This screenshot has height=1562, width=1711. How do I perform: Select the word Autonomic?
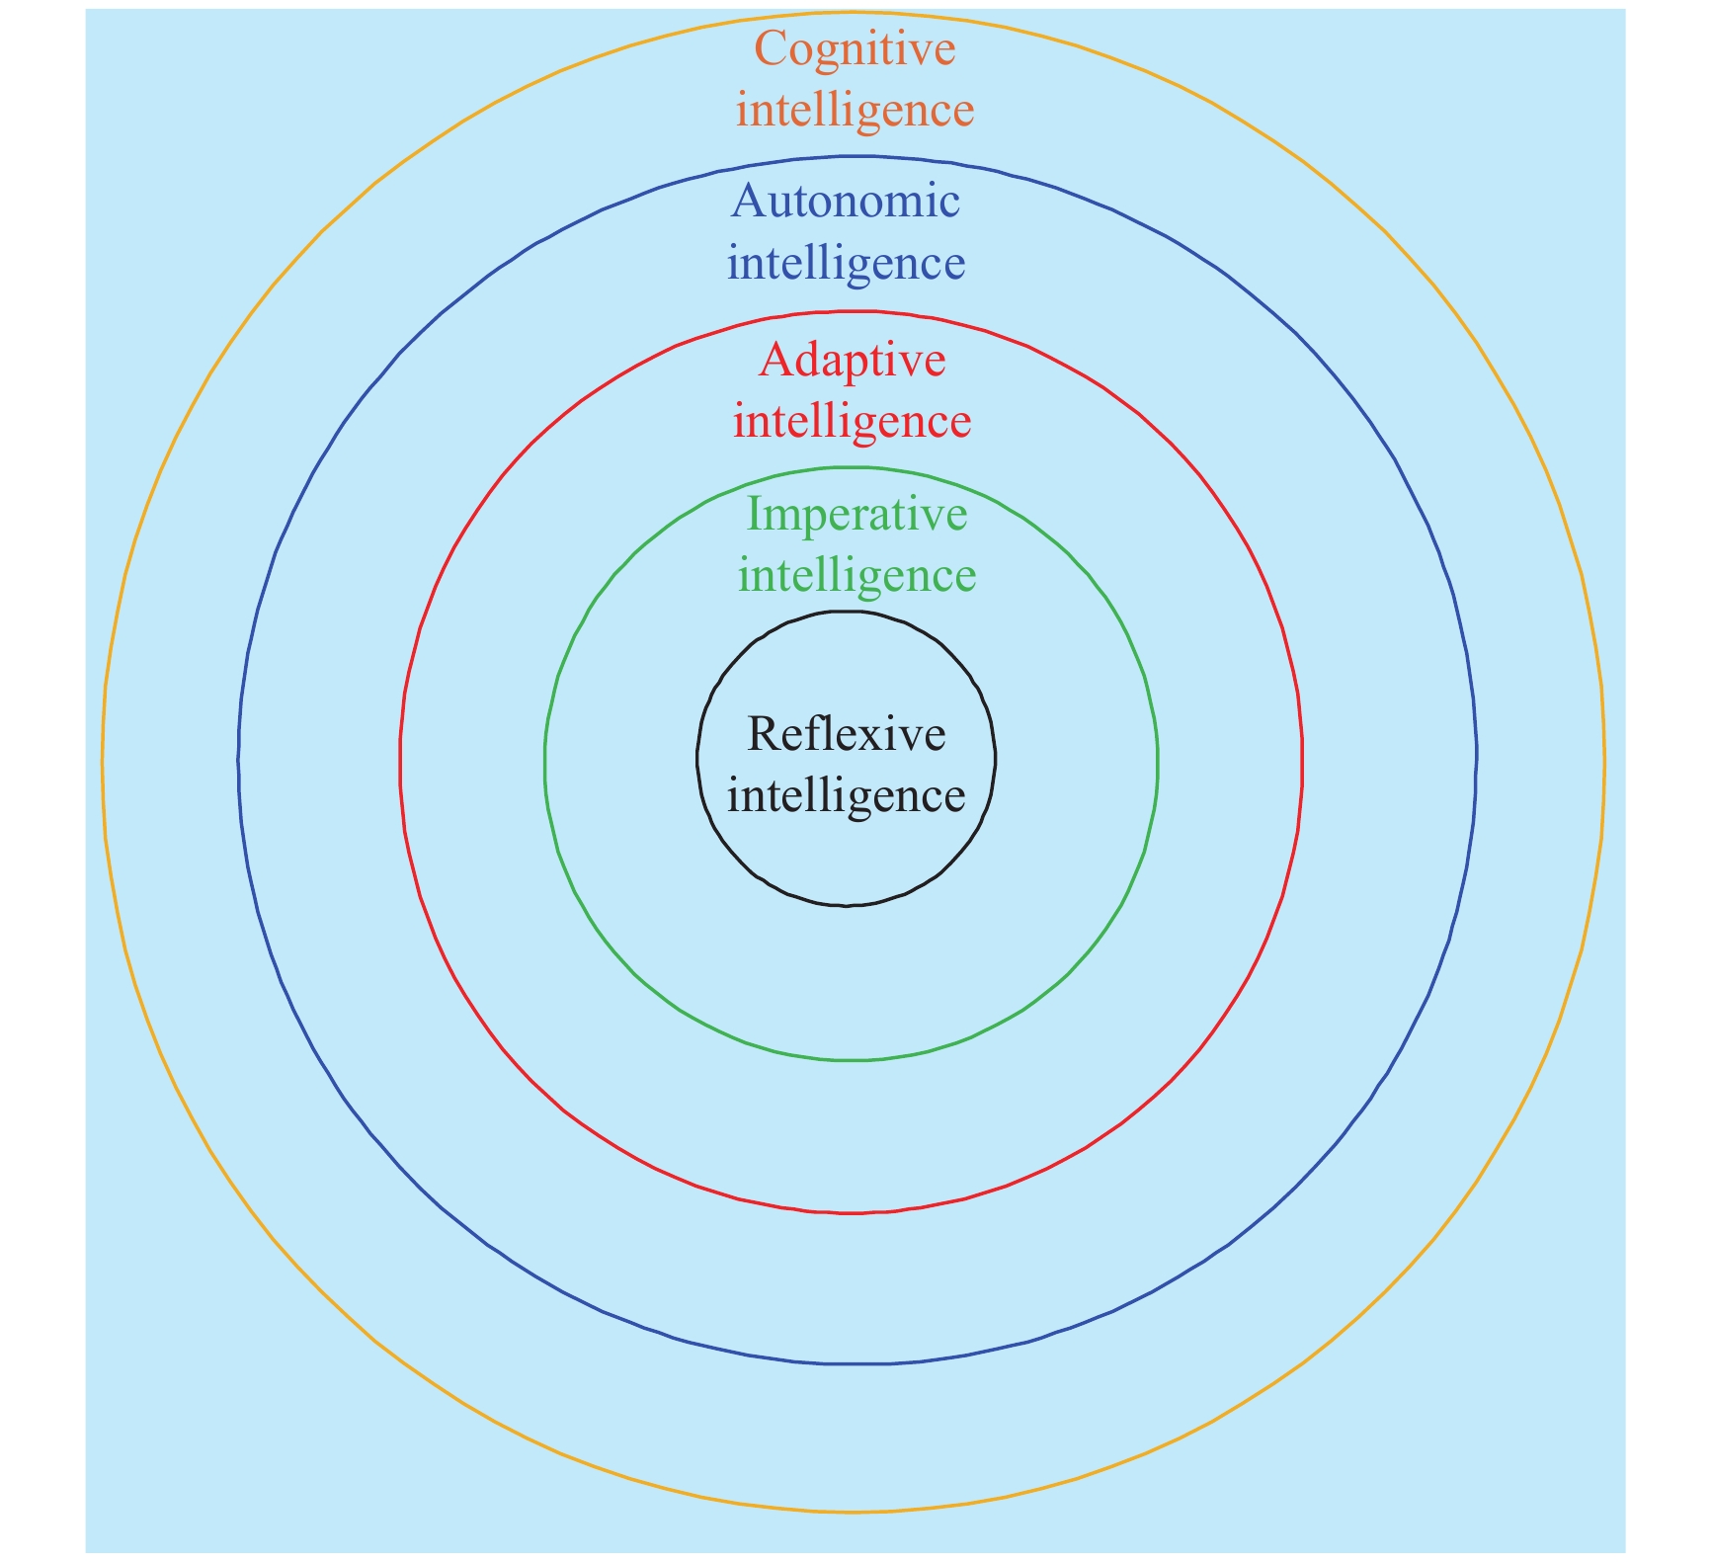coord(846,202)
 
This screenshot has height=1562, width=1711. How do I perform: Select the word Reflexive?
coord(847,734)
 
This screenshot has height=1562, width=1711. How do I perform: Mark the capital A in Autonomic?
coord(748,202)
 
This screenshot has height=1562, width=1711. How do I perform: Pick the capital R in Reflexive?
coord(764,734)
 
